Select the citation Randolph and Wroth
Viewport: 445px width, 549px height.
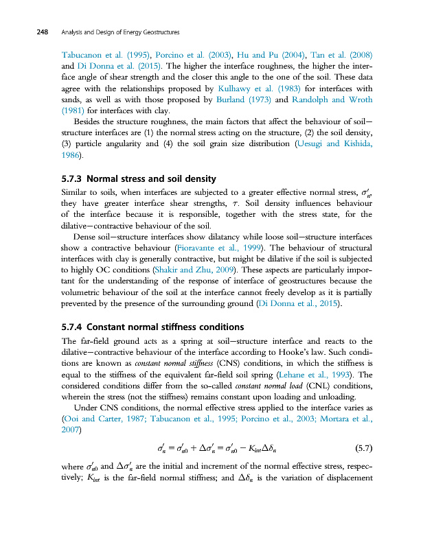click(x=333, y=100)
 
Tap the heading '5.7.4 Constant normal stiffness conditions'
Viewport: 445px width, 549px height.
click(x=152, y=326)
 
